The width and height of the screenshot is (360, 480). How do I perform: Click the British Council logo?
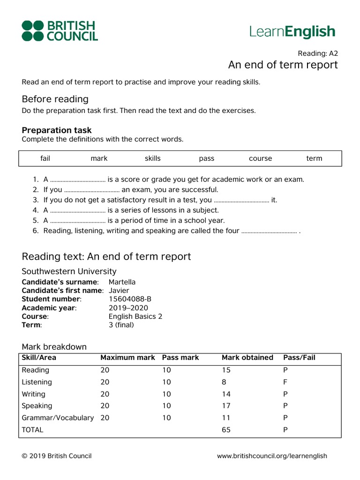pos(60,31)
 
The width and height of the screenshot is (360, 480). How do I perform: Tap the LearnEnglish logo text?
pos(292,31)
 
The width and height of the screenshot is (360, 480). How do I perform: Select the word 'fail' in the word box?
pos(45,158)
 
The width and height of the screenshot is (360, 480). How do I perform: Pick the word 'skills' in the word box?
pos(152,158)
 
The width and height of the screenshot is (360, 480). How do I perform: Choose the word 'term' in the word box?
pos(314,158)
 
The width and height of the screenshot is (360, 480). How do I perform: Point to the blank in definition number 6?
pos(269,231)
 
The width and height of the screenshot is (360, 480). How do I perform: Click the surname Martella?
pos(122,282)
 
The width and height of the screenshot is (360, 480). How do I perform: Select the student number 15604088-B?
pos(130,299)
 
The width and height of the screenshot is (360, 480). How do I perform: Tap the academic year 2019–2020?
pos(128,308)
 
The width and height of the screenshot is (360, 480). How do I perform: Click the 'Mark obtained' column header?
pos(247,358)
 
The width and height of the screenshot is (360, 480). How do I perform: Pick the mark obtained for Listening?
pos(224,382)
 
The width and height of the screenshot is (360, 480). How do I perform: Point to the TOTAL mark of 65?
pos(226,429)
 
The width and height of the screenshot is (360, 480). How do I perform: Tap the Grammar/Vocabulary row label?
pos(58,418)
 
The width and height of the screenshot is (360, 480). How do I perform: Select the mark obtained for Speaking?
pos(226,406)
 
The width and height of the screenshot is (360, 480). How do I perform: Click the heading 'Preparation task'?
pos(57,130)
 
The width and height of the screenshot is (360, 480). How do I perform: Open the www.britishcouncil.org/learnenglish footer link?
pos(272,456)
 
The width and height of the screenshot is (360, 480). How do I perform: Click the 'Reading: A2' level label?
pos(317,53)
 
